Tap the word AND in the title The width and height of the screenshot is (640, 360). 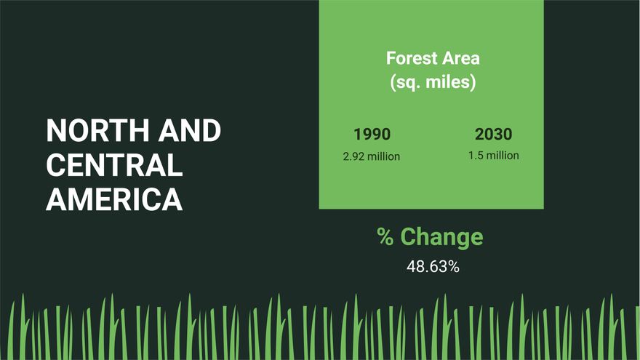click(x=190, y=132)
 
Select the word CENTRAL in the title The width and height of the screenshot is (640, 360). click(x=114, y=165)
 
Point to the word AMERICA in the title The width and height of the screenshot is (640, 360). click(x=114, y=199)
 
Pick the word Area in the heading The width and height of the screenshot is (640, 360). click(x=461, y=58)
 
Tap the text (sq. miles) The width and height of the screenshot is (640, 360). click(x=433, y=82)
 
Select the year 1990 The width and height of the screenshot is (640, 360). click(x=372, y=135)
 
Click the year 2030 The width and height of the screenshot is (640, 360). click(x=493, y=135)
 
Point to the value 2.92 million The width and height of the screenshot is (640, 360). click(x=372, y=156)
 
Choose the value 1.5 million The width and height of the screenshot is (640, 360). click(x=493, y=156)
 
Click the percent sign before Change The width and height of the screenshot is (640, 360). click(x=385, y=237)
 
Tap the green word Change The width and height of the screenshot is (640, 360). click(x=441, y=237)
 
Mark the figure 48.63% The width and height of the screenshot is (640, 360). click(x=433, y=267)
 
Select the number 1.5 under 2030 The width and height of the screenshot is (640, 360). click(x=476, y=156)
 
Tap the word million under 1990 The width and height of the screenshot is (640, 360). click(x=384, y=156)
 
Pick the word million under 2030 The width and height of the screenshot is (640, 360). click(x=503, y=156)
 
